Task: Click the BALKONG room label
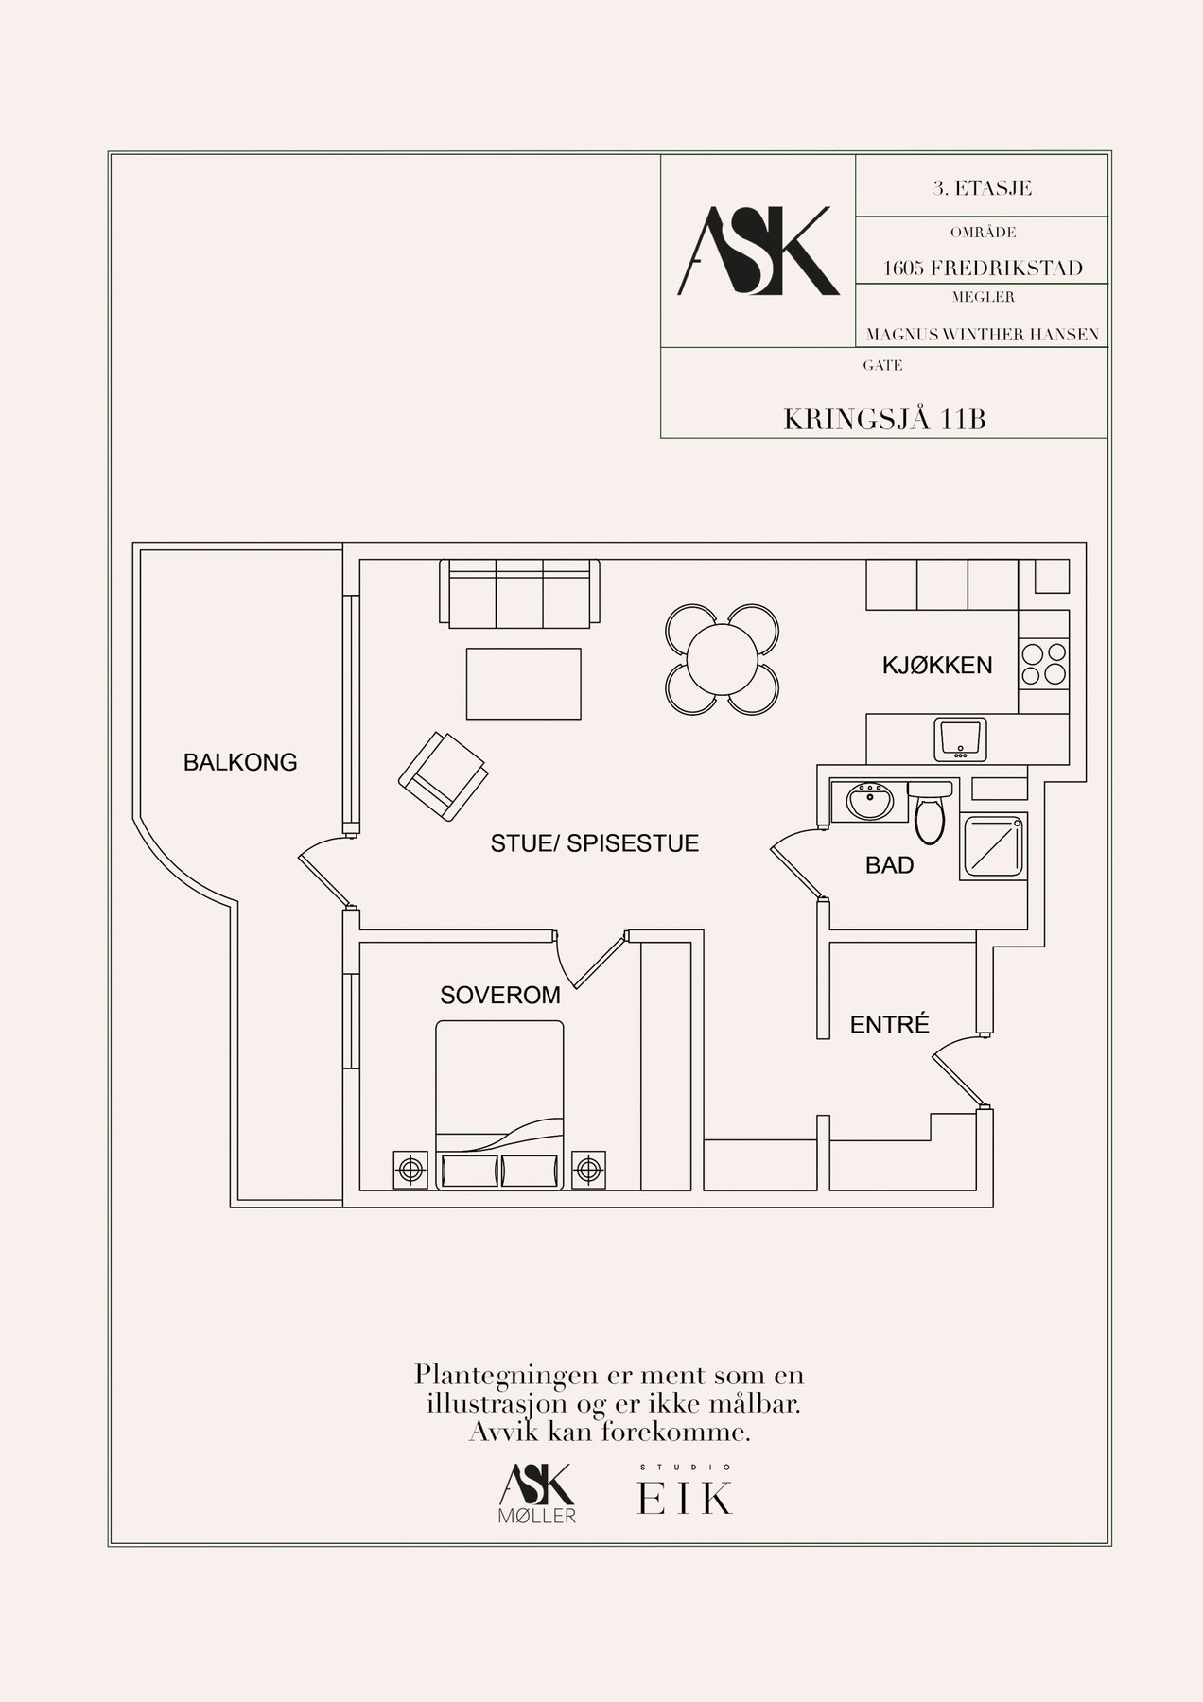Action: (240, 762)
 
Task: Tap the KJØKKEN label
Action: (937, 666)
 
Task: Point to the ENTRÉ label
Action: (890, 1024)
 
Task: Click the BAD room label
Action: (890, 865)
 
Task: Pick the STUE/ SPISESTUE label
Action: (595, 843)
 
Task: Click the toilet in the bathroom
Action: (929, 811)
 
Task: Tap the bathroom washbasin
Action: (870, 803)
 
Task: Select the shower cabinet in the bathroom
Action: (992, 846)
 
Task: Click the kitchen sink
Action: (960, 738)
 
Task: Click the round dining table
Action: (723, 659)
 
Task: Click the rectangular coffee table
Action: (523, 684)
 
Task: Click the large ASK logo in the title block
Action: (758, 251)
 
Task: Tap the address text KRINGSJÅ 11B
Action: (884, 420)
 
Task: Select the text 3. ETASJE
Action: (982, 188)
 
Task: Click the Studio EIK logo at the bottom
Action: (686, 1492)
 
